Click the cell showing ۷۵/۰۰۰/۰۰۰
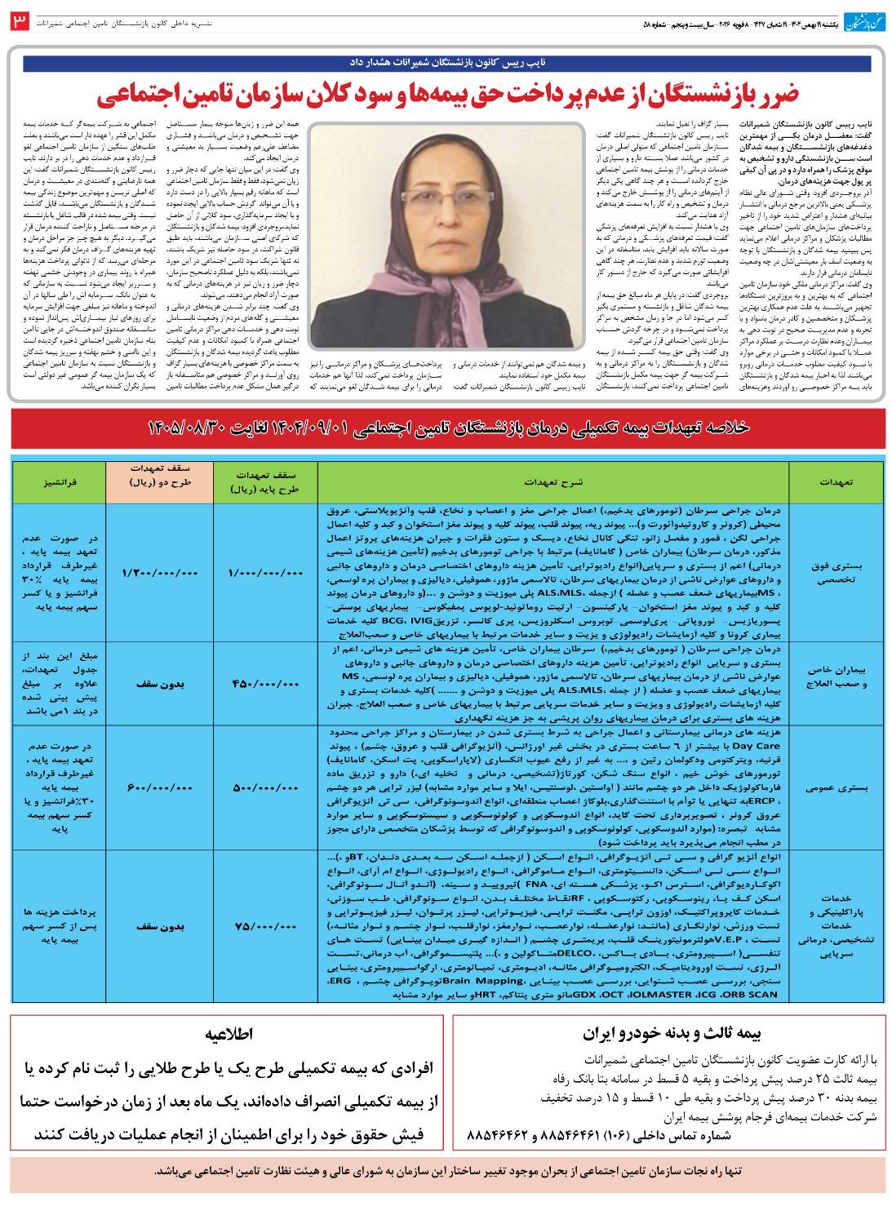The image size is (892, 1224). pos(263,928)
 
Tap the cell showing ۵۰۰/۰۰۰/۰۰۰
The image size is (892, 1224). pos(263,787)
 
